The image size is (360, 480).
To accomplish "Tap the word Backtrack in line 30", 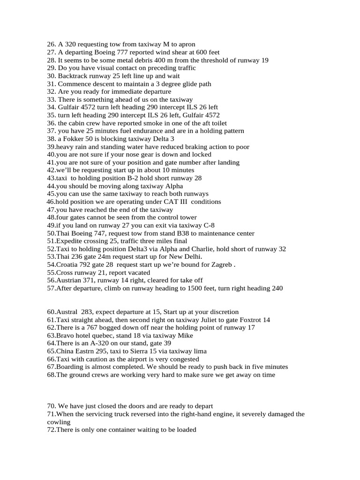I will (73, 76).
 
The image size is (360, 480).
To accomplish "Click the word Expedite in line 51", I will (70, 241).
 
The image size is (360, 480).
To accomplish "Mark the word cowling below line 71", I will (58, 422).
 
